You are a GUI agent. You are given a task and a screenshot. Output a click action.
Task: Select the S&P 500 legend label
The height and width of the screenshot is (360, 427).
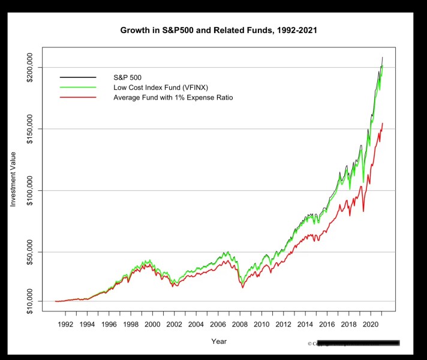[x=127, y=77]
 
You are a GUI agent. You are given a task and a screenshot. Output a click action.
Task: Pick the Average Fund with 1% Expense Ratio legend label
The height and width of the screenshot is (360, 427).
[x=173, y=97]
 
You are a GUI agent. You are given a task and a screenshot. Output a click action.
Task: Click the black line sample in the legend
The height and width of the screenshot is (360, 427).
[x=78, y=77]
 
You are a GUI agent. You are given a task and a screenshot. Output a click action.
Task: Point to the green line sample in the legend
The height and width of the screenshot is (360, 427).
[x=78, y=87]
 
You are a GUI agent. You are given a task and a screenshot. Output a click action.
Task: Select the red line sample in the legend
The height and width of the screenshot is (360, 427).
[x=78, y=97]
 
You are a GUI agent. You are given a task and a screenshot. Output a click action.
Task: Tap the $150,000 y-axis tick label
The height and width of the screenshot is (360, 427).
[x=31, y=129]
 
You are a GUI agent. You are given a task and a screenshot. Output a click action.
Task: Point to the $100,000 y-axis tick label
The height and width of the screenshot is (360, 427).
[x=31, y=190]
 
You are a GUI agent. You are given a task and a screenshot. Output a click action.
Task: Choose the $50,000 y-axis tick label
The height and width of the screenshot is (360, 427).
[x=31, y=252]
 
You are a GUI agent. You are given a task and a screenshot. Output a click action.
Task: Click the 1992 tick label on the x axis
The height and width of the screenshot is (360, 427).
[x=65, y=325]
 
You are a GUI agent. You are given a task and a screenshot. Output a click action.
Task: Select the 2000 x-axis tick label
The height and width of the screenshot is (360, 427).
[x=152, y=325]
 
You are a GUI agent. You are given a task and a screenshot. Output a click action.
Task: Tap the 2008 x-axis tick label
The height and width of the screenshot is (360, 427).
[x=239, y=325]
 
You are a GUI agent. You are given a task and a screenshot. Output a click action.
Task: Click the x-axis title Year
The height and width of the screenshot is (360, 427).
[x=218, y=341]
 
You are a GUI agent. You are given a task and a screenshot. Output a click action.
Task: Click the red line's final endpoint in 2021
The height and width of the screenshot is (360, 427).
[x=383, y=124]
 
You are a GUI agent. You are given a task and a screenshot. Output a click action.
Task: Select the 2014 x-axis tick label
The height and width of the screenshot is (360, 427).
[x=305, y=325]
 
